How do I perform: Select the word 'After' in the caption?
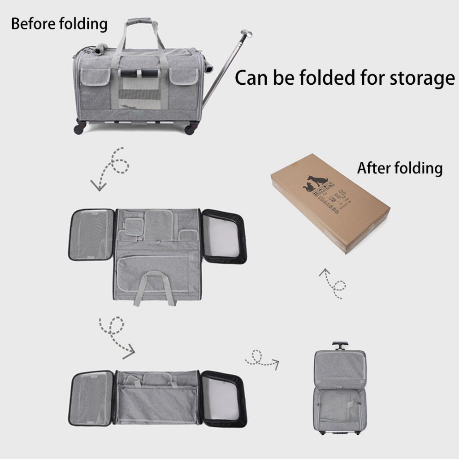[x=374, y=168]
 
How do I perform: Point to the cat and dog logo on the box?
[x=317, y=182]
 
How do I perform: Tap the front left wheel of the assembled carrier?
[x=79, y=129]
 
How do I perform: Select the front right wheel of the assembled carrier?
[x=190, y=130]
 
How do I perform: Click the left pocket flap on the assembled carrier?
[x=95, y=77]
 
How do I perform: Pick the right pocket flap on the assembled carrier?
[x=184, y=77]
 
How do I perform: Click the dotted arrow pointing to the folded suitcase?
[x=262, y=359]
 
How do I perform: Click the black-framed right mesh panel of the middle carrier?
[x=223, y=236]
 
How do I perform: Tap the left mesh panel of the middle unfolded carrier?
[x=91, y=234]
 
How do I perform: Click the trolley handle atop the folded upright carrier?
[x=340, y=345]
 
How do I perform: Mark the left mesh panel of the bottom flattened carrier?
[x=91, y=398]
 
